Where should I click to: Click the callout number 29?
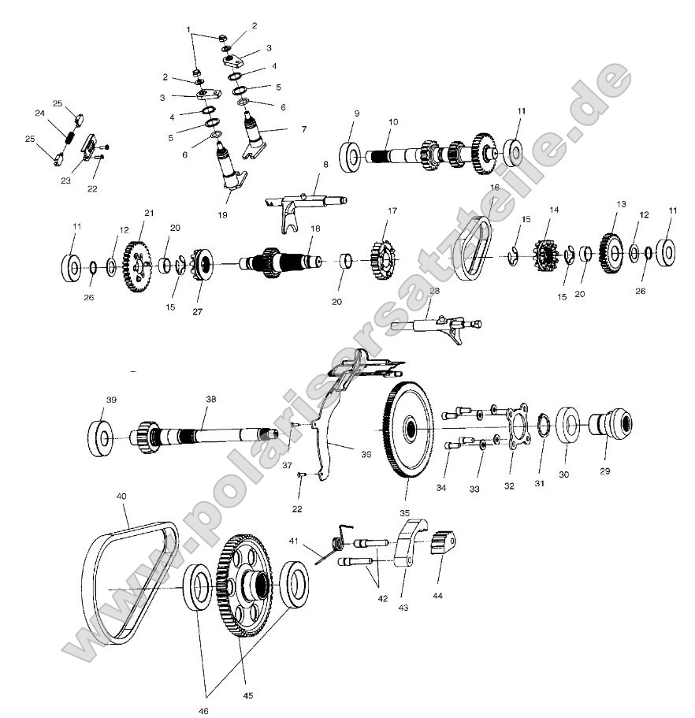tap(605, 471)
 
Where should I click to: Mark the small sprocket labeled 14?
tap(545, 255)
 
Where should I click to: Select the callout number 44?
tap(437, 595)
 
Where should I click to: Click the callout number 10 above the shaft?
tap(393, 122)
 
